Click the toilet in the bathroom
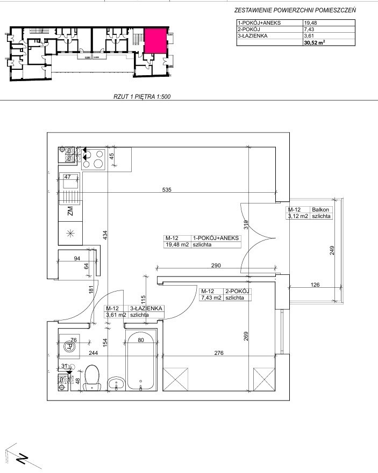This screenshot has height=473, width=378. (92, 377)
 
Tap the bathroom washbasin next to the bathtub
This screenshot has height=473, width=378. (116, 384)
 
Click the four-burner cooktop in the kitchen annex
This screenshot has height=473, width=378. (93, 159)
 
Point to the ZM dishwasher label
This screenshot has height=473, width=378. (70, 211)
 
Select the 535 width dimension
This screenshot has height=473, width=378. (167, 190)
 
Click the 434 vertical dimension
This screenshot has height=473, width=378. (105, 235)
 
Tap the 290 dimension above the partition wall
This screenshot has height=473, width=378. (216, 265)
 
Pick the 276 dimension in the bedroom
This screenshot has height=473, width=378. (219, 353)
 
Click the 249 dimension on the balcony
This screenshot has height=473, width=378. (332, 250)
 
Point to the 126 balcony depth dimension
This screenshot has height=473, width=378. (315, 285)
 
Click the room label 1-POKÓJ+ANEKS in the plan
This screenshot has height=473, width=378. (216, 238)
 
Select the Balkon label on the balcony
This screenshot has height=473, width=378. (320, 209)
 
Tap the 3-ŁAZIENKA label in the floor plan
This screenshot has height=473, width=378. (146, 308)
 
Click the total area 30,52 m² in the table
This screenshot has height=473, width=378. (315, 42)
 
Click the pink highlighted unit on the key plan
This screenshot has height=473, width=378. (155, 41)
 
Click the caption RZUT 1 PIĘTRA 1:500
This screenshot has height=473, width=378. (142, 97)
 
